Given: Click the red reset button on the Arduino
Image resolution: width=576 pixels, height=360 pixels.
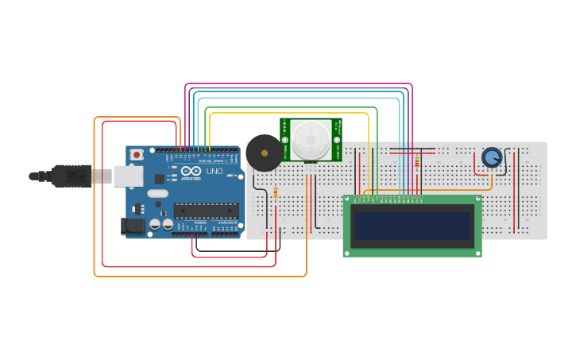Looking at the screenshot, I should point(137,154).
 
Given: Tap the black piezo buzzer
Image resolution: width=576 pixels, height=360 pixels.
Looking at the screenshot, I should point(264,153).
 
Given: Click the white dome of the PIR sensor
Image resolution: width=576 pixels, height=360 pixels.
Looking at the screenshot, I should point(310,139).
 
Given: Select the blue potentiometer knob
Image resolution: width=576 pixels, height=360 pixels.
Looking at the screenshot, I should point(492,157).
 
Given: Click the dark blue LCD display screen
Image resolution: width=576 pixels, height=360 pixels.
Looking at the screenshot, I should point(412,226).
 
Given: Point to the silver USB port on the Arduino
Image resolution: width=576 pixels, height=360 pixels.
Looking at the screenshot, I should point(127,176).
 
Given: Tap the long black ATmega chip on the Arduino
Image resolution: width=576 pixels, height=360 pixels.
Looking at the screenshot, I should point(206,211).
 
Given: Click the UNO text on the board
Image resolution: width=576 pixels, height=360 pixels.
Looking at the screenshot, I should point(215,172).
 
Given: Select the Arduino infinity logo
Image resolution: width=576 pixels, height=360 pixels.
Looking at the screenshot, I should point(191,171).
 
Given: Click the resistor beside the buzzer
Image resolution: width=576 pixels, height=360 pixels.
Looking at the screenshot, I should point(276,192).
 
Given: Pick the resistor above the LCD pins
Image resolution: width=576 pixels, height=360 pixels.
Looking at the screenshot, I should point(417,161).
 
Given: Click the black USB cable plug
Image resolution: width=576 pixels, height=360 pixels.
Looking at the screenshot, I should point(72,176).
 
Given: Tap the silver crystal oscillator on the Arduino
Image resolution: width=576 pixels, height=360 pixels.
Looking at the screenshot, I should point(157,193).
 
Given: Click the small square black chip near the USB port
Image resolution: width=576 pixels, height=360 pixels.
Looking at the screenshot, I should point(160,179).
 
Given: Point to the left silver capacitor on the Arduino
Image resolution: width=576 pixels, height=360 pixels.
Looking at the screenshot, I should point(156,225).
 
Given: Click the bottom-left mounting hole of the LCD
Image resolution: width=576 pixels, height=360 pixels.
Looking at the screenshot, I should point(348,252).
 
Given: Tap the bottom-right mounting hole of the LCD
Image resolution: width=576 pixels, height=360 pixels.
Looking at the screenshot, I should point(477,252).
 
